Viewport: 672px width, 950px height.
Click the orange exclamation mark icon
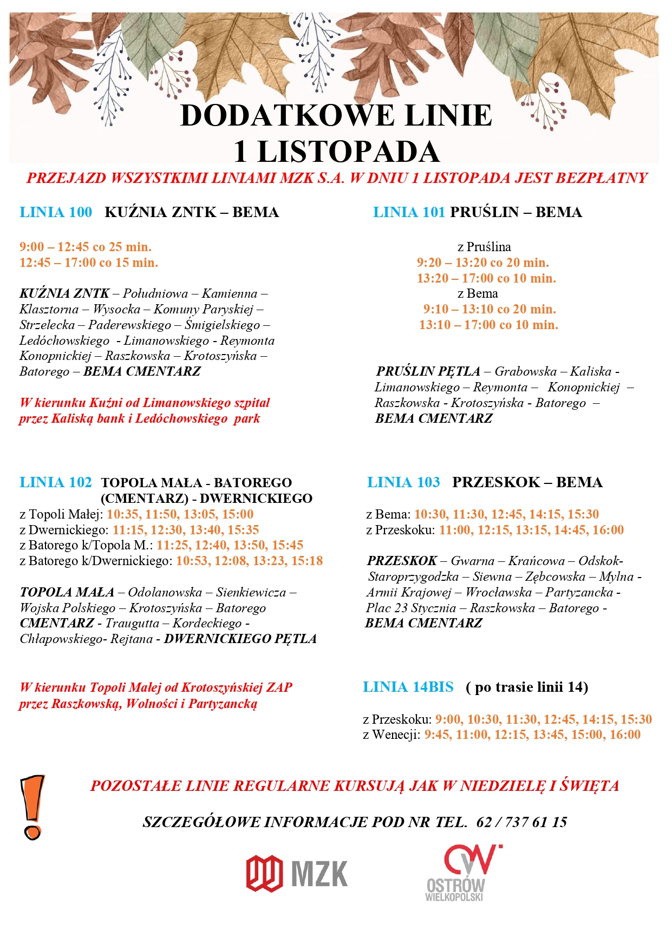tap(32, 807)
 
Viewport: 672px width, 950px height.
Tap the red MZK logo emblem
tap(264, 873)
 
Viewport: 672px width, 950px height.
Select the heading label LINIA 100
tap(56, 212)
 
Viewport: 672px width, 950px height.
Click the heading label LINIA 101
tap(409, 212)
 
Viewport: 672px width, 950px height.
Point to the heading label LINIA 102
tap(56, 482)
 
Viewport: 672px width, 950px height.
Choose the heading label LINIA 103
tap(403, 482)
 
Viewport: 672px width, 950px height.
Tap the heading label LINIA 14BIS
tap(408, 687)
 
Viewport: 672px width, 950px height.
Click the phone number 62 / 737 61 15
tap(521, 822)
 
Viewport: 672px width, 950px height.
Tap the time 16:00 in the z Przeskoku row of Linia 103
tap(608, 530)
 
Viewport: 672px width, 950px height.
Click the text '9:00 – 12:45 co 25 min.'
tap(86, 247)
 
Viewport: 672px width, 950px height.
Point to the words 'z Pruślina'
tap(484, 247)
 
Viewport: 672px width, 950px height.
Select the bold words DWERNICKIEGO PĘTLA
tap(240, 639)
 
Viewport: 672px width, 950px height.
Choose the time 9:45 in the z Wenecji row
tap(437, 735)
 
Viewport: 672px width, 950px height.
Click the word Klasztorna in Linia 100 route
tap(49, 309)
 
